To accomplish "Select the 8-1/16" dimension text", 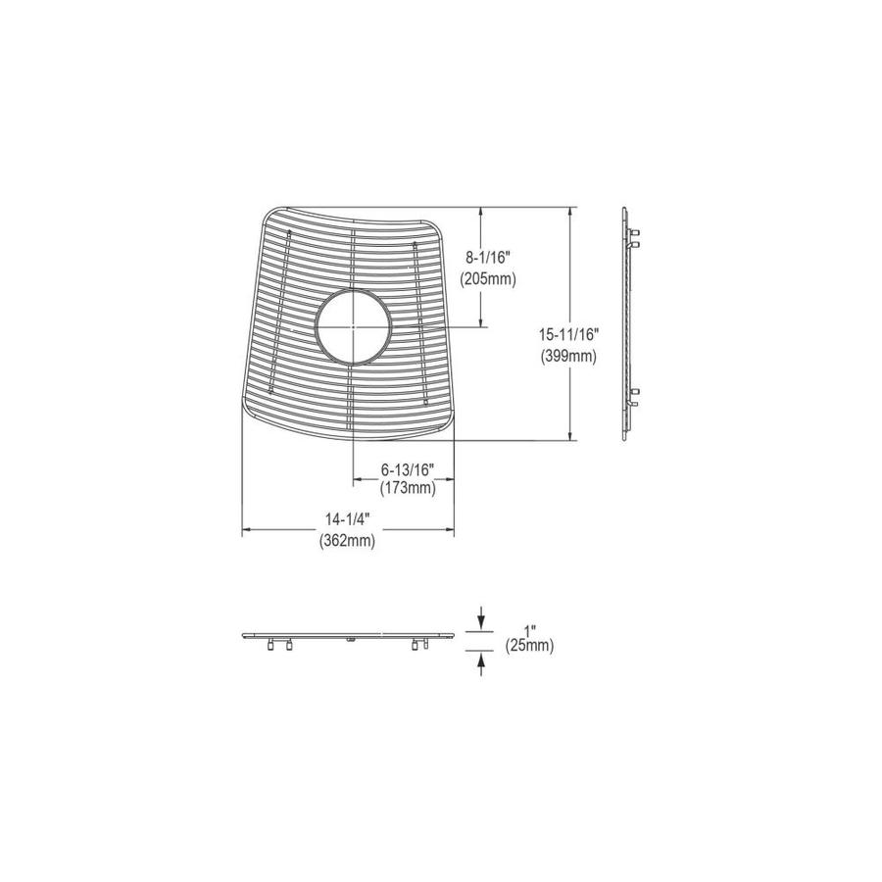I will click(488, 258).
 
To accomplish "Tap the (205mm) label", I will click(488, 278).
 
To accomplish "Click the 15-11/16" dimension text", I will click(568, 335).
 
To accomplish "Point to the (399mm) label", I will click(568, 357).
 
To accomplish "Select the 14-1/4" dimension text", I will click(346, 520).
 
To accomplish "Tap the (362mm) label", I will click(346, 541).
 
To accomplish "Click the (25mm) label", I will click(529, 646).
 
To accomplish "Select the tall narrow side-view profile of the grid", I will click(628, 324).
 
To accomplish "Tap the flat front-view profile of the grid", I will click(348, 637).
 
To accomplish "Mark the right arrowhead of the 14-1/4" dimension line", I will click(451, 530).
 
